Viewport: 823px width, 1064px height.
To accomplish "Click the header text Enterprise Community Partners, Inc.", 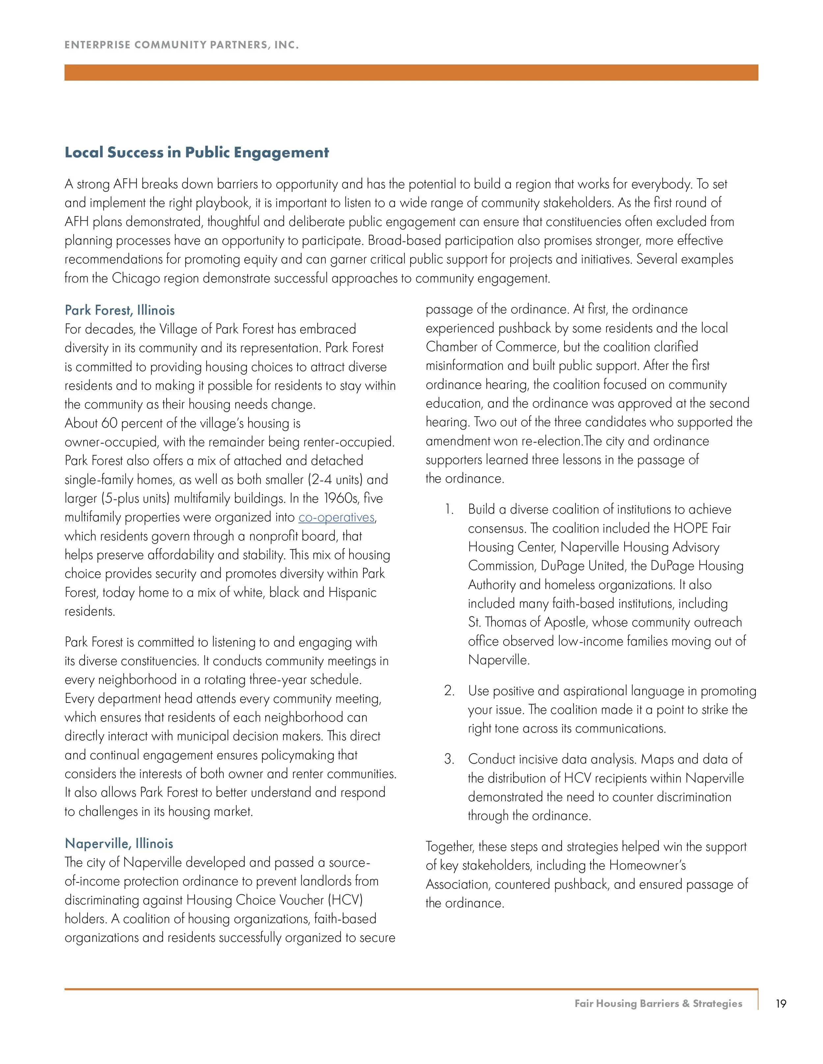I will coord(181,45).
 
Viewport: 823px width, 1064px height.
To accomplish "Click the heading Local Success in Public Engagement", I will coord(197,153).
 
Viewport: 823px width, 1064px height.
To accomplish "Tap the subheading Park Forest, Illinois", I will coord(119,310).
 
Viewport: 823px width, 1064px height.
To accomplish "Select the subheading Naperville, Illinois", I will coord(119,843).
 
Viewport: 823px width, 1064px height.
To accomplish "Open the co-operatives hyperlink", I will coord(336,517).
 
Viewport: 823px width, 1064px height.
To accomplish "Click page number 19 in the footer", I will coord(781,1003).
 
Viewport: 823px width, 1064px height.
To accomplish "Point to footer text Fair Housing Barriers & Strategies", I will coord(658,1003).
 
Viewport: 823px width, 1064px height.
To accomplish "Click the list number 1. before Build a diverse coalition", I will coord(449,509).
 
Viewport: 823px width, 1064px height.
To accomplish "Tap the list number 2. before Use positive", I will coord(449,691).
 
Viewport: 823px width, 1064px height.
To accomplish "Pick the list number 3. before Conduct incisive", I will coord(449,759).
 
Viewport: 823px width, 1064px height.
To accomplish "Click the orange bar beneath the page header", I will coord(411,73).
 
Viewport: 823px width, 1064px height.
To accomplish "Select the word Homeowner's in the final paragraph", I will coord(648,865).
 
